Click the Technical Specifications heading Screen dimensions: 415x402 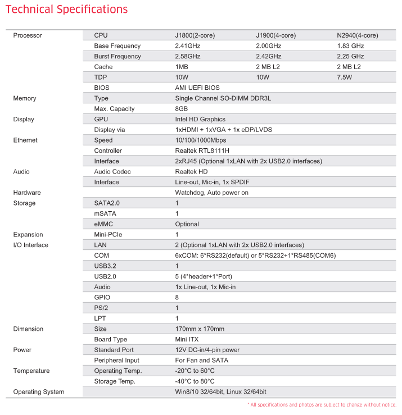coord(66,10)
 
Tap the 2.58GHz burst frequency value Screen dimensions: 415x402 coord(188,56)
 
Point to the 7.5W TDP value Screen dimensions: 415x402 coord(344,77)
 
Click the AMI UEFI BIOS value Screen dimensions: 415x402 coord(197,88)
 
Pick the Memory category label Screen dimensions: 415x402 coord(25,98)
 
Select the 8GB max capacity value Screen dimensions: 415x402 coord(182,109)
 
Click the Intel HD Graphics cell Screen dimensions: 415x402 coord(200,119)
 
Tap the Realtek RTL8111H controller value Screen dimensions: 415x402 coord(202,151)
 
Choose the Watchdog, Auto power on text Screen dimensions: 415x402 coord(211,193)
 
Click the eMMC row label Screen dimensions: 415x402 coord(105,224)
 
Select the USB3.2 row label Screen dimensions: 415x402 coord(105,266)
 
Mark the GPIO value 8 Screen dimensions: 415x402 coord(177,298)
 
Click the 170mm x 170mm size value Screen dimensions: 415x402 coord(200,329)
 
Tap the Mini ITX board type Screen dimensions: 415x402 coord(187,339)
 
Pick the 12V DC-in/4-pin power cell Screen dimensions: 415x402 coord(207,350)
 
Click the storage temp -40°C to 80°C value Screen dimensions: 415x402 coord(195,381)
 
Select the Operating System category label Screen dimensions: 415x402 coord(38,392)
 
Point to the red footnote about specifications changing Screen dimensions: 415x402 coord(322,405)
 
